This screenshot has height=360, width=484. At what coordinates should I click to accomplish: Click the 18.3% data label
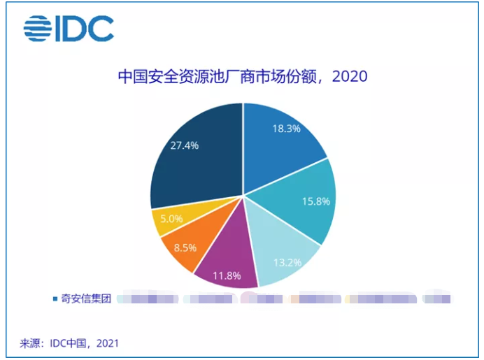287,129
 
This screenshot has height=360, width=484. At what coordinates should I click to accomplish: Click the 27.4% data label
185,145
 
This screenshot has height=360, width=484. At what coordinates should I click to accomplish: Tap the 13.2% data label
287,263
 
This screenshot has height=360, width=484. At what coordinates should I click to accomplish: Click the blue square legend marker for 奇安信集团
55,298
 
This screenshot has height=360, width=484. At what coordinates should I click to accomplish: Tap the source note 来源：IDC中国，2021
69,343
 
